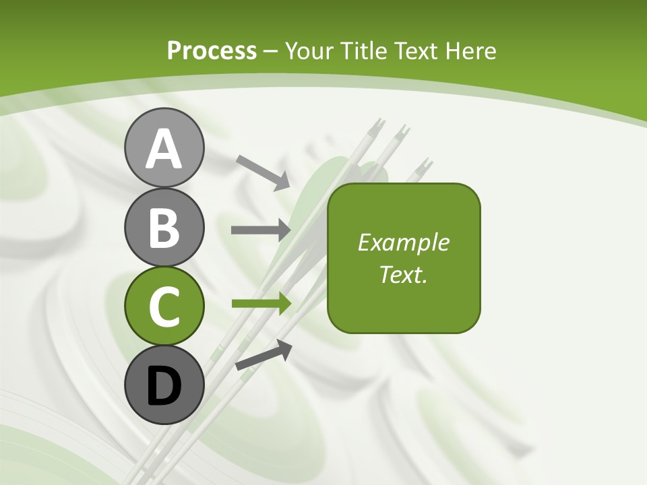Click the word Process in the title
coord(212,51)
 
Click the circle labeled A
coord(164,148)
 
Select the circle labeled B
coord(164,227)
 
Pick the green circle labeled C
coord(164,306)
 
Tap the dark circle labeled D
coord(164,386)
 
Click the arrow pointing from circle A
coord(263,172)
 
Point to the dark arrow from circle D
coord(264,355)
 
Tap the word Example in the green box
coord(404,243)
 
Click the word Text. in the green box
coord(404,274)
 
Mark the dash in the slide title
coord(271,51)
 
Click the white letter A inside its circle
coord(164,149)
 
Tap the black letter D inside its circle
coord(164,387)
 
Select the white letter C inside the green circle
coord(164,307)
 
